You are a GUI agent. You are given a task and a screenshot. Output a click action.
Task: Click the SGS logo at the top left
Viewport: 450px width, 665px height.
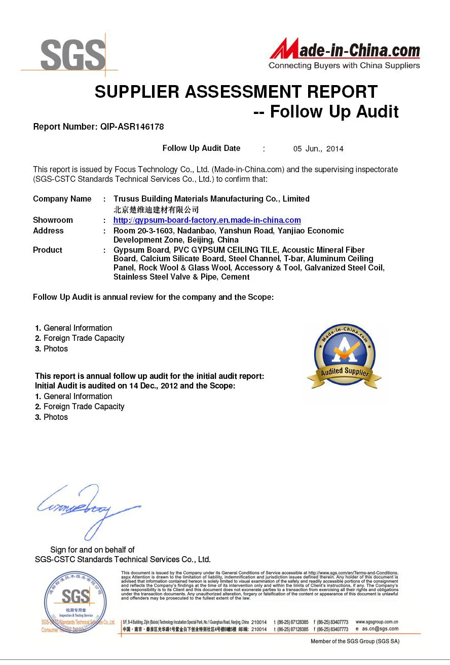73,55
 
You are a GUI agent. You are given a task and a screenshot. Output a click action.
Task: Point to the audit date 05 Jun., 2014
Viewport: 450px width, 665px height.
318,149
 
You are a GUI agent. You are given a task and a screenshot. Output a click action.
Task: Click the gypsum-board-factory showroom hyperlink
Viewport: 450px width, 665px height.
207,220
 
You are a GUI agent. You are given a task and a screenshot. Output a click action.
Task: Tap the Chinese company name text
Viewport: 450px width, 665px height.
156,210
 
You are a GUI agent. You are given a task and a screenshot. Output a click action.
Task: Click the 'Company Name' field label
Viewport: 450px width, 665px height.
62,199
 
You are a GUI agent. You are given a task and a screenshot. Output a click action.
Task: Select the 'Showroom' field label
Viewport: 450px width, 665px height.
53,220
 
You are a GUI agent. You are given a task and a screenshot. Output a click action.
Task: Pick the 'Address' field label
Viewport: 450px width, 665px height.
48,231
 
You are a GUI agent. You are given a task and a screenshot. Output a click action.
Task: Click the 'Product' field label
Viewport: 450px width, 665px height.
48,250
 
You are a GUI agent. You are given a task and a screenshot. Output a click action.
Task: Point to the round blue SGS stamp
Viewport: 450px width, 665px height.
76,600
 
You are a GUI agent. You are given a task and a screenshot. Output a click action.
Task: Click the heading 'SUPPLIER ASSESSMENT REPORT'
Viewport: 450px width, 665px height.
236,92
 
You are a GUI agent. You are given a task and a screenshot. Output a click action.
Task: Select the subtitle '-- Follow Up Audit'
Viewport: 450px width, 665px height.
326,112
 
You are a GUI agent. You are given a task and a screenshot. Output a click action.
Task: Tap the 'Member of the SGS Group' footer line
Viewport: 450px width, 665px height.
355,642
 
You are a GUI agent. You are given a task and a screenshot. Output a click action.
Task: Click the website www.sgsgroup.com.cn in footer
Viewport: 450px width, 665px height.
377,622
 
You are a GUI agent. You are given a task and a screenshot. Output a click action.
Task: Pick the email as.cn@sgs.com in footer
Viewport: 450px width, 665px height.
380,629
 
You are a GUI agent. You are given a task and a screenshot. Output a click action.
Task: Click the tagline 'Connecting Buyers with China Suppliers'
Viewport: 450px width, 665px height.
344,66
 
